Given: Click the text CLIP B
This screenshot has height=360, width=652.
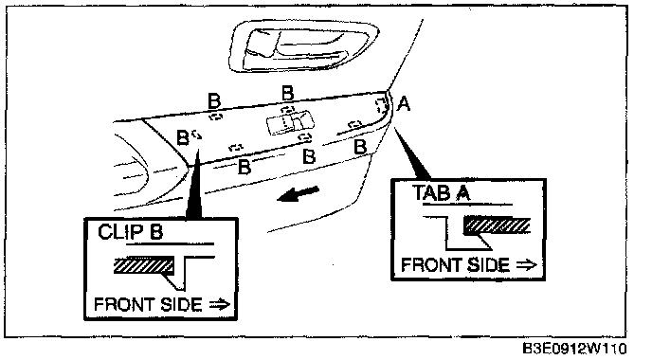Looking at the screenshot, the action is (130, 232).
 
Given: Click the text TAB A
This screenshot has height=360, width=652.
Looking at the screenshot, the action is (442, 193).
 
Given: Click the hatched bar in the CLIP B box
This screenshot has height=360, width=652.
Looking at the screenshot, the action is (144, 265).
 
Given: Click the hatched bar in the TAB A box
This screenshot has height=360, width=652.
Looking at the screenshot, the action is (497, 225).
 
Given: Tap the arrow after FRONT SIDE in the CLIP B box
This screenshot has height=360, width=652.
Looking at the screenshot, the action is (220, 305).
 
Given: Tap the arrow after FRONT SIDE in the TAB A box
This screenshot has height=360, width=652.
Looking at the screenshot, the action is (526, 265).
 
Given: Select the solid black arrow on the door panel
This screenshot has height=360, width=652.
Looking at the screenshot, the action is (298, 193).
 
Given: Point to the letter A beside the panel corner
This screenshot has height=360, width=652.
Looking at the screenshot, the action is (404, 103).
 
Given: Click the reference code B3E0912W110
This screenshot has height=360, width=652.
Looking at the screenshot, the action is (574, 349).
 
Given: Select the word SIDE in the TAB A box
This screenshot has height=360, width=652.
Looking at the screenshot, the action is (489, 265).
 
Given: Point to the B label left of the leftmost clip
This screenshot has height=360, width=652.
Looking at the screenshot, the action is (183, 137).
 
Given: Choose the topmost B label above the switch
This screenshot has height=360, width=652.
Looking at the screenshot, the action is (288, 93).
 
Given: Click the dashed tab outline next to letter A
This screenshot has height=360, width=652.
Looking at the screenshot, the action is (383, 105).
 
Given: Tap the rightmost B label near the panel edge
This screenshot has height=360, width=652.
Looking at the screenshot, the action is (360, 146).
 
